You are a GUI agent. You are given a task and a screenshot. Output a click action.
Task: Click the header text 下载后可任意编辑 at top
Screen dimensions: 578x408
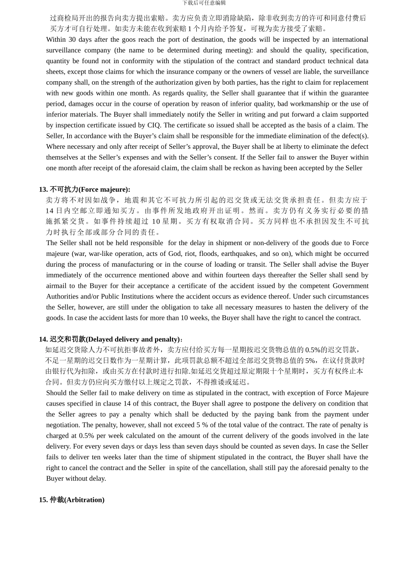point(204,3)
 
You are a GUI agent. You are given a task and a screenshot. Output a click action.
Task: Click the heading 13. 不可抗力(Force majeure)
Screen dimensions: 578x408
point(85,189)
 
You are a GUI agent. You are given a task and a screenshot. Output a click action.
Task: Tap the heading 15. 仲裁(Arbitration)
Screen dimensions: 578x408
point(72,500)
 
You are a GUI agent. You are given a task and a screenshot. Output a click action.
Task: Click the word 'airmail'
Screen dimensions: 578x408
point(56,286)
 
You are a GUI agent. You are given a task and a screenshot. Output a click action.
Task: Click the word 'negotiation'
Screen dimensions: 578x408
point(63,425)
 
